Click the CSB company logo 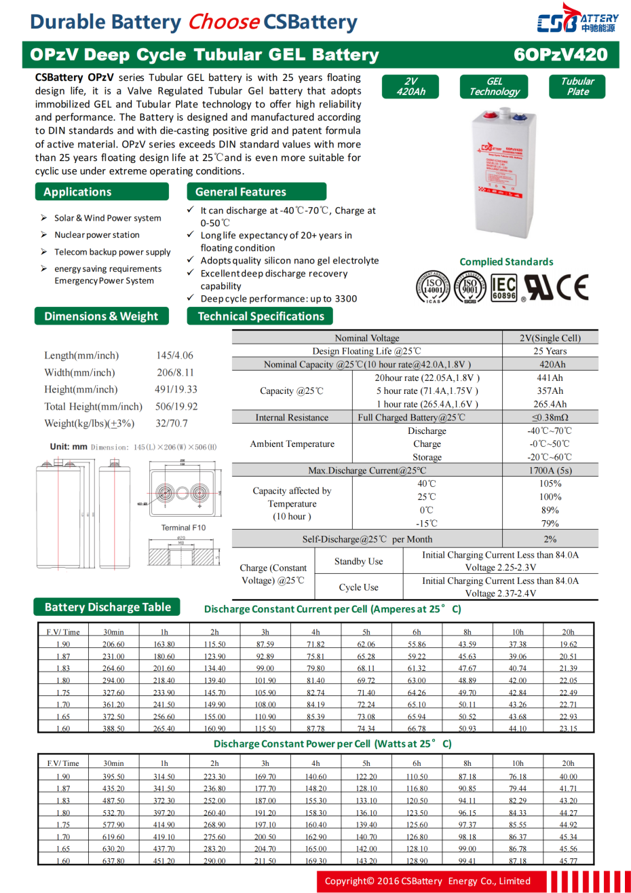tap(577, 20)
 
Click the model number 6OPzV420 tap(560, 55)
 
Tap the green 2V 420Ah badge tap(410, 86)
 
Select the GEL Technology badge tap(494, 86)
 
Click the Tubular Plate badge tap(577, 86)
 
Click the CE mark tap(572, 287)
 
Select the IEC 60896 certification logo tap(503, 287)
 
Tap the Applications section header tap(102, 192)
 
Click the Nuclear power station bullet tap(97, 235)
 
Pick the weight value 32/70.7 tap(172, 423)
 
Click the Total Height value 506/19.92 tap(176, 406)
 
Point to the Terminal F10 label tap(183, 528)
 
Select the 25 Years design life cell tap(550, 351)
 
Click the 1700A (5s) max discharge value tap(550, 470)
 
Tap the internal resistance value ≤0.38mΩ tap(550, 418)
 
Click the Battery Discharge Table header tap(108, 607)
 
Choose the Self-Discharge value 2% tap(550, 539)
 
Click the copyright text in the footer tap(427, 881)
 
